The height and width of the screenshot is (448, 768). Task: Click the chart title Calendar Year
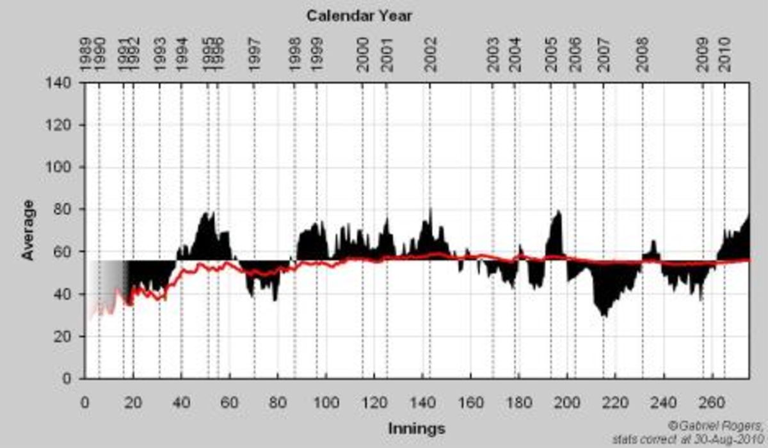pos(358,16)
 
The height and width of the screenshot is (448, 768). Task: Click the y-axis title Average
pos(28,231)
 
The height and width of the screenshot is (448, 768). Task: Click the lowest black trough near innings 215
pos(604,316)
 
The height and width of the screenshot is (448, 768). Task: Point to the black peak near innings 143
pos(430,209)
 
